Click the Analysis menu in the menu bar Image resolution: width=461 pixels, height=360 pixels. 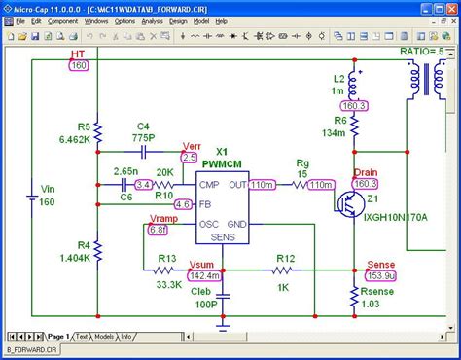(x=153, y=20)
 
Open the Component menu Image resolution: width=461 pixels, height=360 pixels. (x=63, y=20)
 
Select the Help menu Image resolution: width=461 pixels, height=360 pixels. (x=221, y=20)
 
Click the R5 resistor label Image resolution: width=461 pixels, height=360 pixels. (x=84, y=126)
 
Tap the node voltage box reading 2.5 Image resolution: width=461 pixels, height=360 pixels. (x=189, y=157)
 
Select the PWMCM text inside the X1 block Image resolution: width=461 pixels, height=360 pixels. (x=222, y=164)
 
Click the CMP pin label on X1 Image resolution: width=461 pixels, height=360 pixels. (x=208, y=183)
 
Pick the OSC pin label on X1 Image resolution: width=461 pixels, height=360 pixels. (x=208, y=224)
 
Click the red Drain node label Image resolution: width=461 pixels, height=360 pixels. (x=366, y=171)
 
